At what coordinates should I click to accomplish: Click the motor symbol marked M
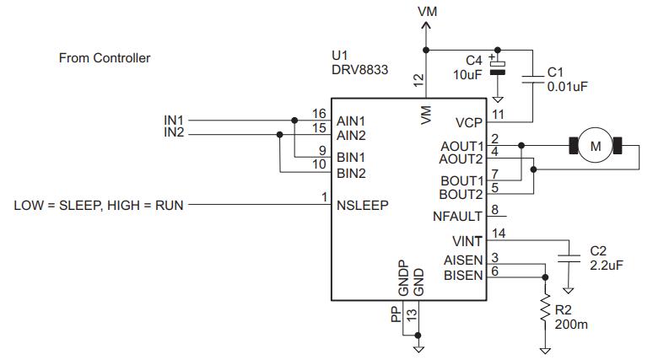click(x=596, y=147)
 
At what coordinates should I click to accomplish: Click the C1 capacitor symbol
click(x=532, y=79)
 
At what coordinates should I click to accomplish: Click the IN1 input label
click(x=174, y=120)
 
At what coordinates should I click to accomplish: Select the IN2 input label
click(x=174, y=132)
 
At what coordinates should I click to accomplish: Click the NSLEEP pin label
click(x=362, y=203)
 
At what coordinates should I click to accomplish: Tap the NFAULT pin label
click(x=458, y=217)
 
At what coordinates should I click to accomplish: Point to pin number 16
click(x=318, y=113)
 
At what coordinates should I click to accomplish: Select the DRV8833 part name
click(x=360, y=72)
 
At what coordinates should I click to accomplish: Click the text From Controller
click(x=105, y=58)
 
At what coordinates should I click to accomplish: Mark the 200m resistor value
click(x=571, y=324)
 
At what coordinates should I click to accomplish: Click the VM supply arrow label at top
click(x=428, y=11)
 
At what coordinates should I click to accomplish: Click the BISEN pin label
click(x=464, y=275)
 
